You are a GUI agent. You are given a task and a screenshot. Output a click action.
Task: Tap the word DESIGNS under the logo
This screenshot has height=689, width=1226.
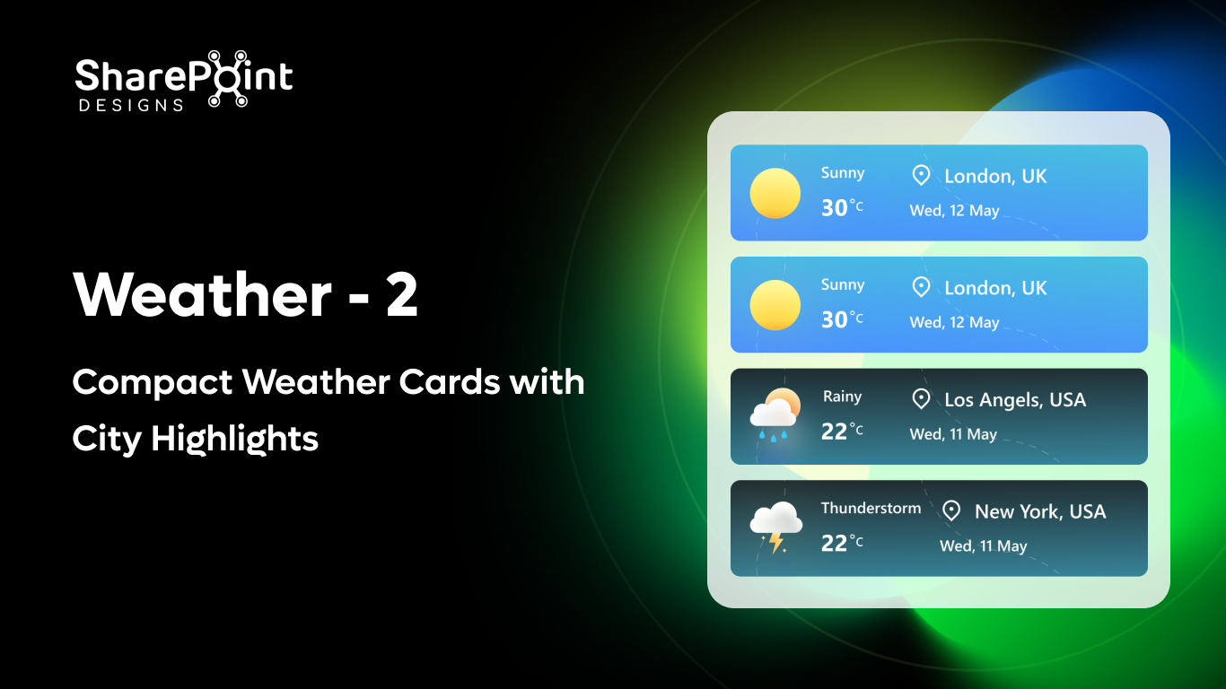point(131,105)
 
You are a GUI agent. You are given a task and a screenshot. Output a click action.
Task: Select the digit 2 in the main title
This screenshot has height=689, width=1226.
point(401,295)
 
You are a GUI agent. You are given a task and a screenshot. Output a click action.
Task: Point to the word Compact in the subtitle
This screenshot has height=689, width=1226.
point(152,383)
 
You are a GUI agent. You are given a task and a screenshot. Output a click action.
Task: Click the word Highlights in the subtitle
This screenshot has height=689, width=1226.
point(235,439)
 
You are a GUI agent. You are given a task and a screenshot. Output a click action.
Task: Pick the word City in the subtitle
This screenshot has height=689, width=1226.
point(107,439)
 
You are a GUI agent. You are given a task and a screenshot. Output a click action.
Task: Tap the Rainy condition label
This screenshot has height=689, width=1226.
point(842,397)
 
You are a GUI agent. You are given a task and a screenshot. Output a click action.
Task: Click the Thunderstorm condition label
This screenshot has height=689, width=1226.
point(871,508)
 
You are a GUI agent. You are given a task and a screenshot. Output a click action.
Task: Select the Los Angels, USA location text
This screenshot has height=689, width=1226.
point(1015,400)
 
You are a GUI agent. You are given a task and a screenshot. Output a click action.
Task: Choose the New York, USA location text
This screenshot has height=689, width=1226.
point(1040,511)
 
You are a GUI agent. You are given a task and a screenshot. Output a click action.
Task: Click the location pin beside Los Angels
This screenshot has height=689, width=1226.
point(921,399)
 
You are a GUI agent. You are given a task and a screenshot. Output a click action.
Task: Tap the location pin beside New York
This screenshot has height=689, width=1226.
point(951,510)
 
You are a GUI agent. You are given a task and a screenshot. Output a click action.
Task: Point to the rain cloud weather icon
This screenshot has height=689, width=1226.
point(774,412)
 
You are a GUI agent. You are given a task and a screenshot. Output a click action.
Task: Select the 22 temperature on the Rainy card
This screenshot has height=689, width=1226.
point(835,432)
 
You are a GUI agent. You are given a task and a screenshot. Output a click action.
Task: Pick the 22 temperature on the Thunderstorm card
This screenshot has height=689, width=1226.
point(835,543)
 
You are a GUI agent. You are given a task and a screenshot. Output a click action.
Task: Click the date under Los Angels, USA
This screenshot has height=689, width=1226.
point(953,434)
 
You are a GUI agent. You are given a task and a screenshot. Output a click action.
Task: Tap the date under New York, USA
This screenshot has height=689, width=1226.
point(983,545)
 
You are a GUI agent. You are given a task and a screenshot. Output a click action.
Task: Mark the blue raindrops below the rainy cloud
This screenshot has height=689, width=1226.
point(773,435)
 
